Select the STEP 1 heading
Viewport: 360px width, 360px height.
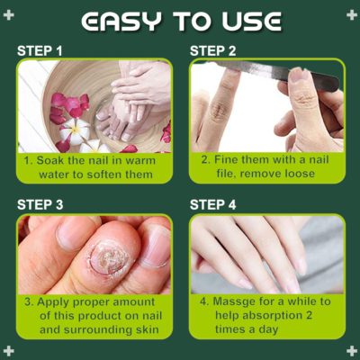click(x=40, y=51)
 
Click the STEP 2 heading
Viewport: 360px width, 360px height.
click(x=212, y=51)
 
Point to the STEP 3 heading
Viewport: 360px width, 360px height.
click(x=40, y=204)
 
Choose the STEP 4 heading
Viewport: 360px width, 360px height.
click(x=212, y=204)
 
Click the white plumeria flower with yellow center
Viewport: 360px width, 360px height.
click(x=74, y=130)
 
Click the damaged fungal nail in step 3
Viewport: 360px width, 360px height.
click(x=110, y=258)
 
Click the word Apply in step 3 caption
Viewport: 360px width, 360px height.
click(x=53, y=302)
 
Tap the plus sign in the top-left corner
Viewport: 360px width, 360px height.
click(x=8, y=14)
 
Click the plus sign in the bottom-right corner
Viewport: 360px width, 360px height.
click(x=352, y=351)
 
